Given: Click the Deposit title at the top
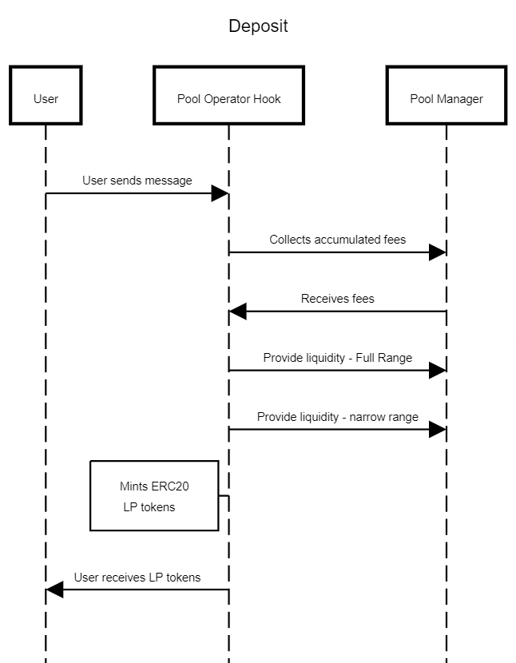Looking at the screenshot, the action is click(x=258, y=26).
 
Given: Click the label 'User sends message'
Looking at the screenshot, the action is click(x=137, y=181).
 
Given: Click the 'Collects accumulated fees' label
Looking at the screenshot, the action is click(x=338, y=240).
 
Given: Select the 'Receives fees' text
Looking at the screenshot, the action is click(x=338, y=299).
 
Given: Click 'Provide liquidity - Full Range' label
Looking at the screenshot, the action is click(x=338, y=358).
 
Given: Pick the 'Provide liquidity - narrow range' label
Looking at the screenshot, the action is click(x=338, y=417).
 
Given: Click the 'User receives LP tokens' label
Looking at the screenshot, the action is click(x=137, y=578).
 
